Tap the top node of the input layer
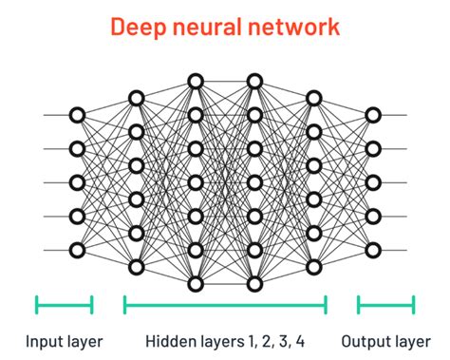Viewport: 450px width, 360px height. (x=77, y=115)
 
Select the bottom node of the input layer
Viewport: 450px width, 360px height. (x=77, y=251)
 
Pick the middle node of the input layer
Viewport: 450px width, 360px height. (x=77, y=182)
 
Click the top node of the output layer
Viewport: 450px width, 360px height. (x=373, y=115)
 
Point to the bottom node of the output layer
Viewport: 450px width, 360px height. (x=373, y=251)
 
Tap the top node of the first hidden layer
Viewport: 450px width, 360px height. (x=136, y=98)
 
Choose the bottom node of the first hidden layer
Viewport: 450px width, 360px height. (x=136, y=267)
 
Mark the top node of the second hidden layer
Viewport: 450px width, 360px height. (x=196, y=81)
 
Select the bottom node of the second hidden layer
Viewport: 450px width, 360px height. (x=196, y=284)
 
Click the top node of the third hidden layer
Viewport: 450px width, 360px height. (x=254, y=81)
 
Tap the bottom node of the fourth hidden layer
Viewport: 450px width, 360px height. (x=313, y=267)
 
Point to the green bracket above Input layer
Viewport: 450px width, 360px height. (x=65, y=305)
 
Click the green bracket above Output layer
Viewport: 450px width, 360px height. (x=385, y=305)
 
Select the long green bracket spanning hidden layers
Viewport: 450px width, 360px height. (x=225, y=305)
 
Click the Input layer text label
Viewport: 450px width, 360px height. (x=65, y=339)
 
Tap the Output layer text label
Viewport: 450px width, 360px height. (x=385, y=339)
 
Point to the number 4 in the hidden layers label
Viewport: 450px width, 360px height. (x=301, y=339)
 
